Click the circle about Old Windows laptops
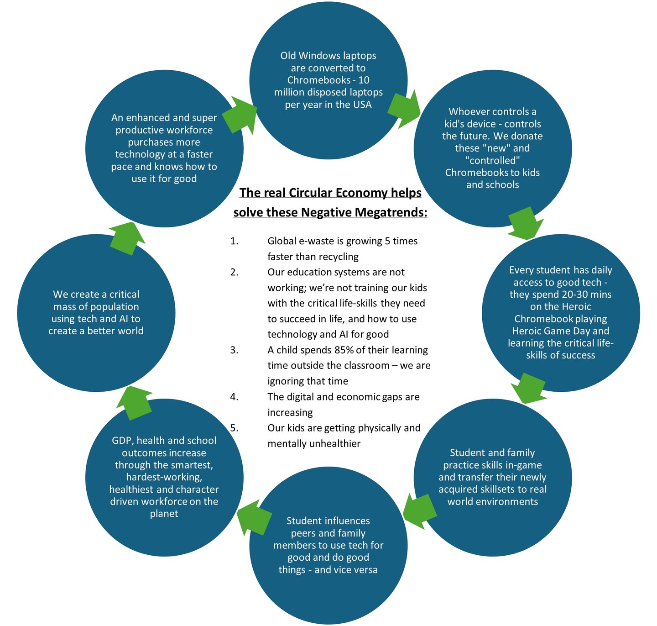click(x=328, y=80)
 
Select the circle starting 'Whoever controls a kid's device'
click(x=492, y=148)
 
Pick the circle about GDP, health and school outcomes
click(x=164, y=477)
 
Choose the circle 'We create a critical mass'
click(x=96, y=312)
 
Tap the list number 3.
click(x=234, y=350)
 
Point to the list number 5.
click(x=234, y=428)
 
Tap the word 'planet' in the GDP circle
click(x=164, y=514)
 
